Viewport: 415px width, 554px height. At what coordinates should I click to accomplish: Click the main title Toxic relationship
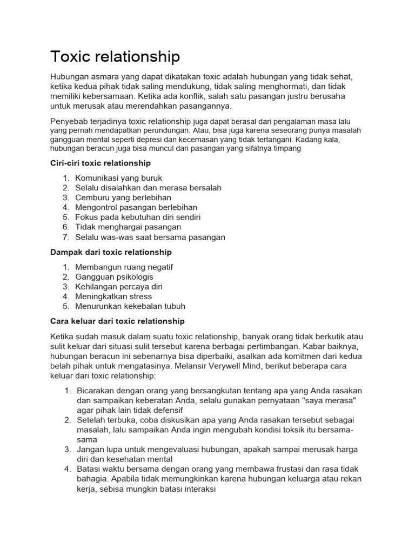coord(115,57)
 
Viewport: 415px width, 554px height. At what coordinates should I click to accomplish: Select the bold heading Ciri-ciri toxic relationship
coord(101,163)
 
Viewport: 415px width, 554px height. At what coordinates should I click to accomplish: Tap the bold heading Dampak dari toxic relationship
coord(111,252)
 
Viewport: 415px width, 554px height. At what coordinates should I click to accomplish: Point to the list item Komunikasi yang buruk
coord(118,178)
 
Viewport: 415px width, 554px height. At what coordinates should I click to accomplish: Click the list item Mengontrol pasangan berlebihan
coord(136,207)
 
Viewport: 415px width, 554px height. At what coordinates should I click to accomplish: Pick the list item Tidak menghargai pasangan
coord(128,227)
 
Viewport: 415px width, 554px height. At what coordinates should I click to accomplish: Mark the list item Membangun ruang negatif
coord(124,267)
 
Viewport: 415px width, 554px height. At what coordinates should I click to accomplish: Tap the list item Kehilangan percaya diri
coord(119,287)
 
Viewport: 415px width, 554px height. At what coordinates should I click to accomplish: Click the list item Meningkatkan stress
coord(113,296)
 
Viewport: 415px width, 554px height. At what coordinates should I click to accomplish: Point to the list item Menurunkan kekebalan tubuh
coord(130,306)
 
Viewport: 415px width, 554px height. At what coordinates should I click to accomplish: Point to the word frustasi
coord(279,469)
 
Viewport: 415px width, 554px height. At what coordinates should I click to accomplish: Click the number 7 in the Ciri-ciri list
coord(65,237)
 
